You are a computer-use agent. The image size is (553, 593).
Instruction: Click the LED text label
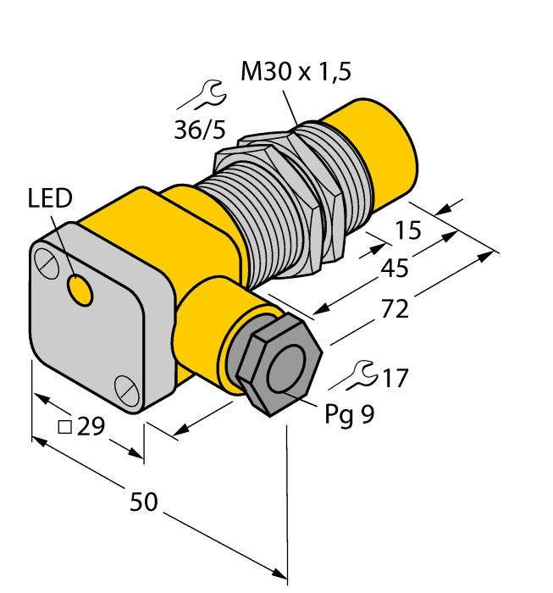[51, 199]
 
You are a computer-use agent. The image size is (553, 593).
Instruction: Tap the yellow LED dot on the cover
[81, 291]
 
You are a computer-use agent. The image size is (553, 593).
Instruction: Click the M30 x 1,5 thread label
[296, 73]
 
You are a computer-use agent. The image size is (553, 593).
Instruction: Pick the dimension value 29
[90, 427]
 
